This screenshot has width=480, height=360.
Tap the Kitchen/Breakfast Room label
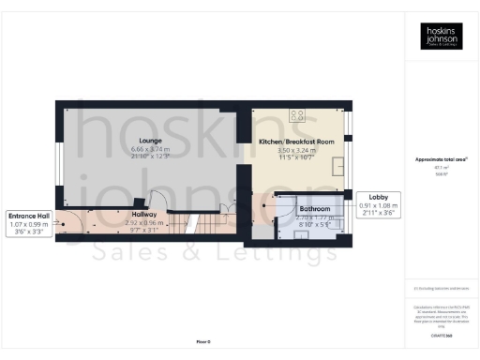[296, 141]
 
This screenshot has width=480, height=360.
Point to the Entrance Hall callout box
[29, 222]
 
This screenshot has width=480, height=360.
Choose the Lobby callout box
[378, 205]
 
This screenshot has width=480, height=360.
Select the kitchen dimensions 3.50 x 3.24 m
[296, 150]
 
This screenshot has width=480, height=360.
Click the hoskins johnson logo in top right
[441, 37]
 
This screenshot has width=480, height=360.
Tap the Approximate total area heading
[441, 159]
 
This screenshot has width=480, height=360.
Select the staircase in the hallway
[192, 227]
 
